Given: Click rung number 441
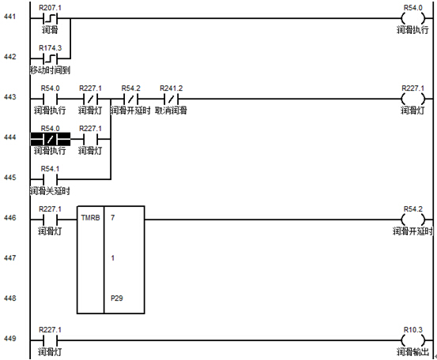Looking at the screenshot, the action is [x=9, y=17].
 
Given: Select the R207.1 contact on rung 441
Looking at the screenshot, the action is [x=50, y=19].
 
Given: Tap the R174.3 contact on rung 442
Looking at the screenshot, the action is [x=50, y=58].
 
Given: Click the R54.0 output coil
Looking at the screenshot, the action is [x=413, y=19].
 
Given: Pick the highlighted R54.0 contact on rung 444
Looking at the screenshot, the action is [x=50, y=139].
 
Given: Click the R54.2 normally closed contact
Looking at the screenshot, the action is [x=130, y=99].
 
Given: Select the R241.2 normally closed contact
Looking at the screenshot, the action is [x=171, y=99].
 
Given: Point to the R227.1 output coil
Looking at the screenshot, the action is [x=413, y=99].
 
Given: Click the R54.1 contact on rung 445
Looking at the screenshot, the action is [x=50, y=179].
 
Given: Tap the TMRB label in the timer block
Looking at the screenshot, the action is [x=90, y=217].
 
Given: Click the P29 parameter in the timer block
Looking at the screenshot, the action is [x=116, y=298].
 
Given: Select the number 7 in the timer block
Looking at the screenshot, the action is [x=112, y=217].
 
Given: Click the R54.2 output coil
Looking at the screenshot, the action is [x=413, y=219].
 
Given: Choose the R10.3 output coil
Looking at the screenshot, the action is [x=413, y=340].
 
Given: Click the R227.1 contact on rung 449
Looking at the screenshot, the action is [x=50, y=340].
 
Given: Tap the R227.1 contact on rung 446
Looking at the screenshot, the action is [x=50, y=219].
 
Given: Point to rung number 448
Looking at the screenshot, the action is [x=9, y=298].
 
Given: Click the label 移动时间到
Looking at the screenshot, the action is [x=50, y=70].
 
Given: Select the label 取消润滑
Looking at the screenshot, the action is [x=171, y=111].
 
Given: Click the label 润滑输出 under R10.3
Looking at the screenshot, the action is [x=413, y=352].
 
